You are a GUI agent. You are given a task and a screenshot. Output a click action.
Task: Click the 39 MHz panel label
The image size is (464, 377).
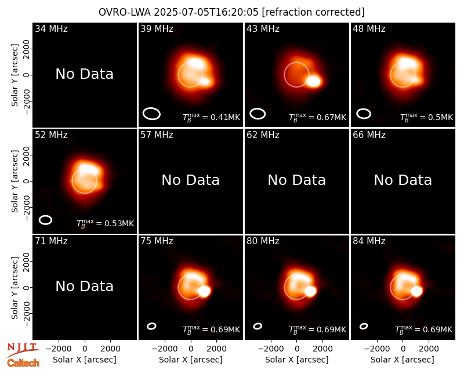tap(157, 28)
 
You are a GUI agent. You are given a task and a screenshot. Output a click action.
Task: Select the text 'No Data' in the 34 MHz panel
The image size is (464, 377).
tap(84, 74)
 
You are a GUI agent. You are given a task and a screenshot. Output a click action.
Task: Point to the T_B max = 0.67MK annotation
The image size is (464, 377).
tap(317, 117)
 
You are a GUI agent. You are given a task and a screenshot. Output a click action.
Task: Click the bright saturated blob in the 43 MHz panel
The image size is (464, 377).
tap(314, 81)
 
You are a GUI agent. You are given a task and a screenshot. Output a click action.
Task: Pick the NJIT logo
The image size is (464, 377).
tap(23, 349)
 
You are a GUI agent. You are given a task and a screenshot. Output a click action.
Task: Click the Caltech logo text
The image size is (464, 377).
tap(23, 363)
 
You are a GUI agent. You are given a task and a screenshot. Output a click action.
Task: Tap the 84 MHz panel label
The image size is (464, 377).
tap(369, 241)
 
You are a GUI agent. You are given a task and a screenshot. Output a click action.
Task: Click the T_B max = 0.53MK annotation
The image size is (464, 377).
tap(106, 223)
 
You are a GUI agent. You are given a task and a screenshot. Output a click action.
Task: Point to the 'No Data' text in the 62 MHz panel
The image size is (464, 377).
tap(297, 180)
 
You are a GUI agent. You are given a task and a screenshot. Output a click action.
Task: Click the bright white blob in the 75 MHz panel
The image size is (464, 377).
tap(204, 291)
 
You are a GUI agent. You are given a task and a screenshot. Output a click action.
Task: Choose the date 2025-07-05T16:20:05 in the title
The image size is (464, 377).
tap(206, 12)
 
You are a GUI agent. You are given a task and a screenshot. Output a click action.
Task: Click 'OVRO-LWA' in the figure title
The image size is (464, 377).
tap(125, 12)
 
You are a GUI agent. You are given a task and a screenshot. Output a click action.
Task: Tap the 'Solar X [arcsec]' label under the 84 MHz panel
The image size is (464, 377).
tap(403, 360)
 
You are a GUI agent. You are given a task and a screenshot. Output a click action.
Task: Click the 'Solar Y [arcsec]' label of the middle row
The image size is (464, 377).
tap(15, 181)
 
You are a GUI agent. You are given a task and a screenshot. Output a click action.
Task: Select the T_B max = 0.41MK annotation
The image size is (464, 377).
tap(211, 117)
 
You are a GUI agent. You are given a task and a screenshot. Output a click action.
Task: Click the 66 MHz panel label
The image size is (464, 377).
tap(369, 135)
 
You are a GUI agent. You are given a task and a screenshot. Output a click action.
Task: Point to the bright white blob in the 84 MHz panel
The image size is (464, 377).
tap(416, 291)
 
